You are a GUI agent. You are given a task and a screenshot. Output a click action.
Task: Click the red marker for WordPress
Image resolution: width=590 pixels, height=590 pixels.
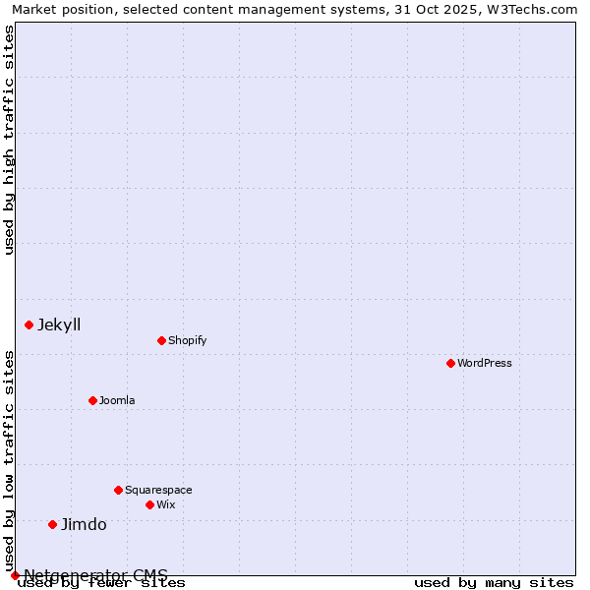(450, 363)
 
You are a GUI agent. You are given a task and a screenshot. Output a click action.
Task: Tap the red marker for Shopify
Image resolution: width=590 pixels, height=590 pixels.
(161, 340)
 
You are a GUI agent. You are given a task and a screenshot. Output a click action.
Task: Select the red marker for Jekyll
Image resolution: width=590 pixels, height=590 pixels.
(29, 324)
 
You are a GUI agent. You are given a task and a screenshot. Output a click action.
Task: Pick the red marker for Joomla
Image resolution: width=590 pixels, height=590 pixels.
(92, 400)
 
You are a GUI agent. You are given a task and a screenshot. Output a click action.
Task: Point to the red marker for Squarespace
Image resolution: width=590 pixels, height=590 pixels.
(118, 490)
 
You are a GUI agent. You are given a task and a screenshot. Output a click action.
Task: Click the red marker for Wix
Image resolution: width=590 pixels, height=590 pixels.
(149, 504)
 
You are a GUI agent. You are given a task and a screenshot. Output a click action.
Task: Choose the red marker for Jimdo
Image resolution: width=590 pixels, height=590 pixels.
(53, 524)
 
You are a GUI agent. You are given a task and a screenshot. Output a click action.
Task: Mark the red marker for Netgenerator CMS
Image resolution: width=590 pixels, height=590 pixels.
(15, 575)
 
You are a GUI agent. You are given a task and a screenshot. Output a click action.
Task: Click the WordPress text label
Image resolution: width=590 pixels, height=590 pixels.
(485, 363)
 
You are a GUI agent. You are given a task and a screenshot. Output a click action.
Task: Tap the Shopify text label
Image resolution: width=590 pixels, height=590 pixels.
(187, 340)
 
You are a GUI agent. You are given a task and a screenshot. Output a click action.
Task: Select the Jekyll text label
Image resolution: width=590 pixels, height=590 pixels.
(59, 324)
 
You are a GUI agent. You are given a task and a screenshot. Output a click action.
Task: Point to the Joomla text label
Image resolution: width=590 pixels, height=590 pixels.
(117, 400)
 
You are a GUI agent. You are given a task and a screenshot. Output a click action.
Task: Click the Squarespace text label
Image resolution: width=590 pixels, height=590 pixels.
(158, 490)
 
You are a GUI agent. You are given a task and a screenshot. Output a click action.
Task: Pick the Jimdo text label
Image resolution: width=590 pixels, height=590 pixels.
(84, 524)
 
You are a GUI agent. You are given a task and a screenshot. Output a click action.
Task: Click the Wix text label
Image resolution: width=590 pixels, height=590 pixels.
(165, 504)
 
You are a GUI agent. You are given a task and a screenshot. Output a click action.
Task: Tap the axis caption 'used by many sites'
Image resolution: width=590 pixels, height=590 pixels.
(494, 583)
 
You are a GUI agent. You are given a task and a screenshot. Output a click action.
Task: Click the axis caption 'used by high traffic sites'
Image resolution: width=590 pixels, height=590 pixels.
(9, 140)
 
